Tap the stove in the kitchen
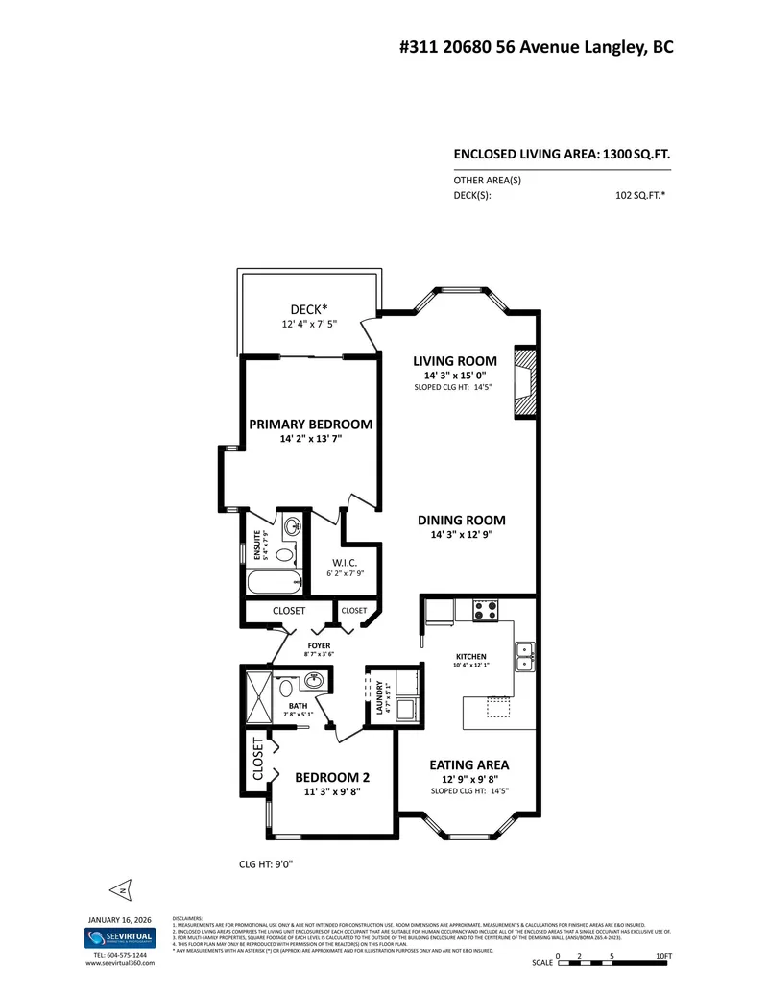tap(484, 610)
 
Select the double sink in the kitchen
tap(524, 656)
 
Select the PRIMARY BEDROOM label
tap(310, 424)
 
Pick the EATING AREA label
tap(468, 764)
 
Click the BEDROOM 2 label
tap(331, 778)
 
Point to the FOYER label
tap(319, 645)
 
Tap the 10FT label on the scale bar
tap(663, 956)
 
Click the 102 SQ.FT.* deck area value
tap(641, 194)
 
